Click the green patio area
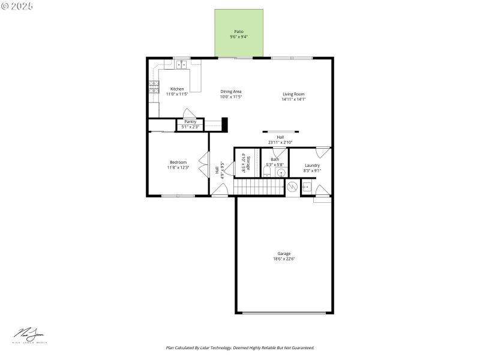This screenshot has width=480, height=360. pyautogui.click(x=239, y=34)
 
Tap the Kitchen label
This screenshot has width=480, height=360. pyautogui.click(x=177, y=89)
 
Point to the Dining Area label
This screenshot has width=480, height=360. pyautogui.click(x=230, y=91)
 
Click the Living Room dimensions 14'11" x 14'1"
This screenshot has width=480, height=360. pyautogui.click(x=294, y=99)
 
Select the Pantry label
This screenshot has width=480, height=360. pyautogui.click(x=190, y=122)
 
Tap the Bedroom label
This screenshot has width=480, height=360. pyautogui.click(x=178, y=162)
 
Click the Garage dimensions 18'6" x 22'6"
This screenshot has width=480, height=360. pyautogui.click(x=284, y=259)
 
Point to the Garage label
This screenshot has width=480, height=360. pyautogui.click(x=284, y=253)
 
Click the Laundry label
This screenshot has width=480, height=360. pyautogui.click(x=312, y=166)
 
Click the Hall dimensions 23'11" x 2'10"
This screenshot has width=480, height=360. pyautogui.click(x=280, y=142)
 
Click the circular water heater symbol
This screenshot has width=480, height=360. pyautogui.click(x=292, y=187)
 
